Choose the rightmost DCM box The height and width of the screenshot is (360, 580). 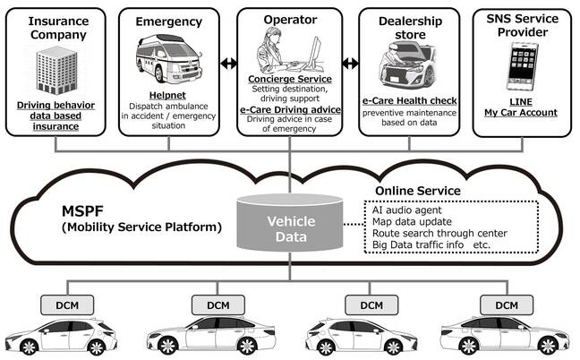coord(506,305)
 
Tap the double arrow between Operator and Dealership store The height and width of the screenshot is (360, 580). coord(350,64)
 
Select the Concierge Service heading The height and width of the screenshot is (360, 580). coord(289,79)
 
